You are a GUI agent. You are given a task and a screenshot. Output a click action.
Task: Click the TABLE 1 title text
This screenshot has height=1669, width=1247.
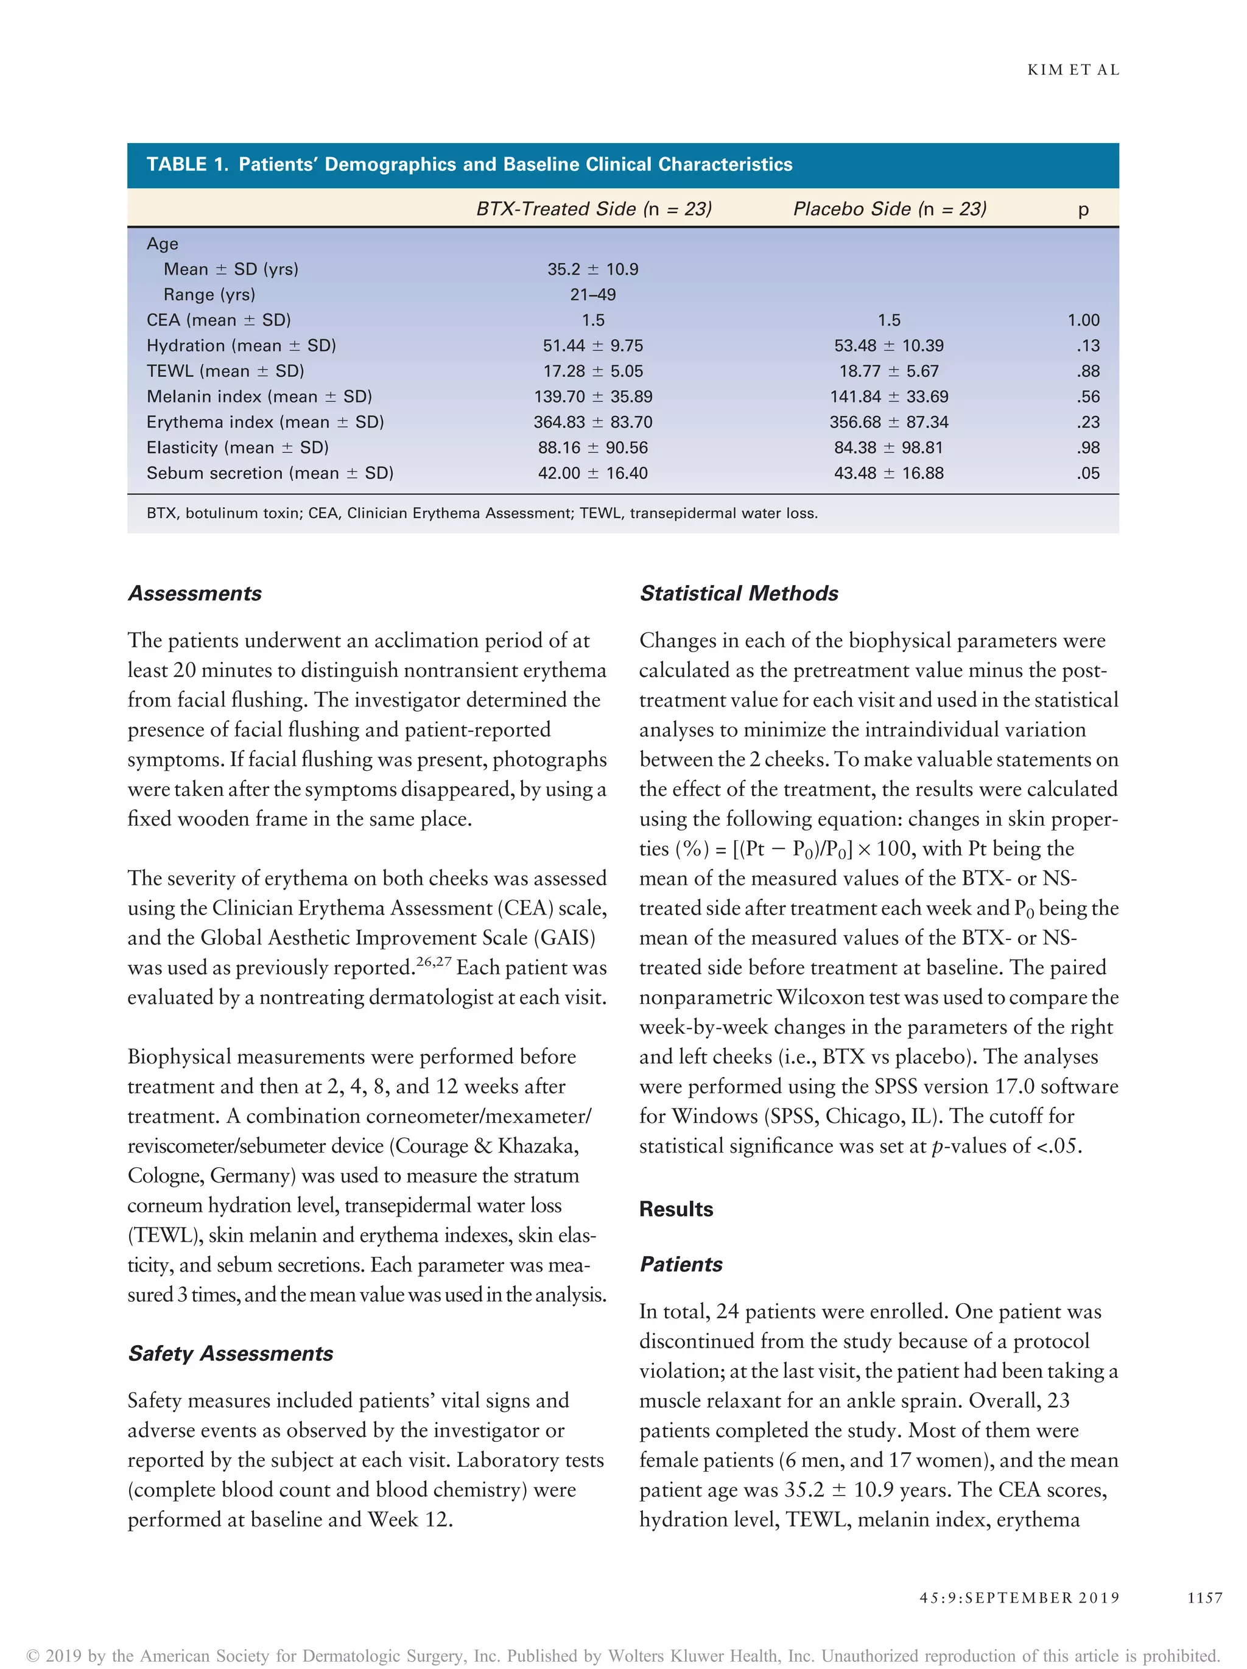click(469, 164)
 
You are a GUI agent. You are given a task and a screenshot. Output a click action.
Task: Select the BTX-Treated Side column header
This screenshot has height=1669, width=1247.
click(594, 209)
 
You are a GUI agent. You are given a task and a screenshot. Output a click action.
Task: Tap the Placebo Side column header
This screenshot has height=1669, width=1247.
click(890, 209)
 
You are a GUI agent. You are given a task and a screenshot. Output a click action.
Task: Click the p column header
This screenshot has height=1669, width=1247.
click(1083, 209)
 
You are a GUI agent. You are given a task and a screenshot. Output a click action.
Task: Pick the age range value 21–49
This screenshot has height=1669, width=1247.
click(593, 294)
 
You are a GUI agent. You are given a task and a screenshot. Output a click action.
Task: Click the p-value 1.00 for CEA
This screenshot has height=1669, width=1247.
click(1083, 320)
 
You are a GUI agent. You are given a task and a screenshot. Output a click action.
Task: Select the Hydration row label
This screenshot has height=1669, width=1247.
click(241, 346)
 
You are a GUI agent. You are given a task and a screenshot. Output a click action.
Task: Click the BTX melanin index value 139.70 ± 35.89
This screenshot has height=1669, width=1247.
click(593, 397)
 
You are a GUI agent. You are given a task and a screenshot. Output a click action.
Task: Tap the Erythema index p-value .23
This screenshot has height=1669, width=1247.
click(1088, 423)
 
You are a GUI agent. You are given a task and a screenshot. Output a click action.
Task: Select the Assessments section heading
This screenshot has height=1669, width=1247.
click(195, 593)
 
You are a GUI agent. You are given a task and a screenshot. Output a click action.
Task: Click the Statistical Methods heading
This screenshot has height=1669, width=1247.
click(739, 593)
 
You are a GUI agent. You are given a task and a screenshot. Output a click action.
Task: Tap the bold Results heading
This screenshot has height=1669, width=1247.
click(676, 1209)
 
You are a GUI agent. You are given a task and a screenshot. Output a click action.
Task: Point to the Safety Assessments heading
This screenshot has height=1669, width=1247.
click(230, 1353)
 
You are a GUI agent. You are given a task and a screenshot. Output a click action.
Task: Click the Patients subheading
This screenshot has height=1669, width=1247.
click(681, 1264)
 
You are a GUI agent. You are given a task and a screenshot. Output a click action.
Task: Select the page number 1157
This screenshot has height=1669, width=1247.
click(1204, 1597)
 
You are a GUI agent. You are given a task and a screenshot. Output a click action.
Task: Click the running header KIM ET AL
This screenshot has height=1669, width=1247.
click(1073, 70)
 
